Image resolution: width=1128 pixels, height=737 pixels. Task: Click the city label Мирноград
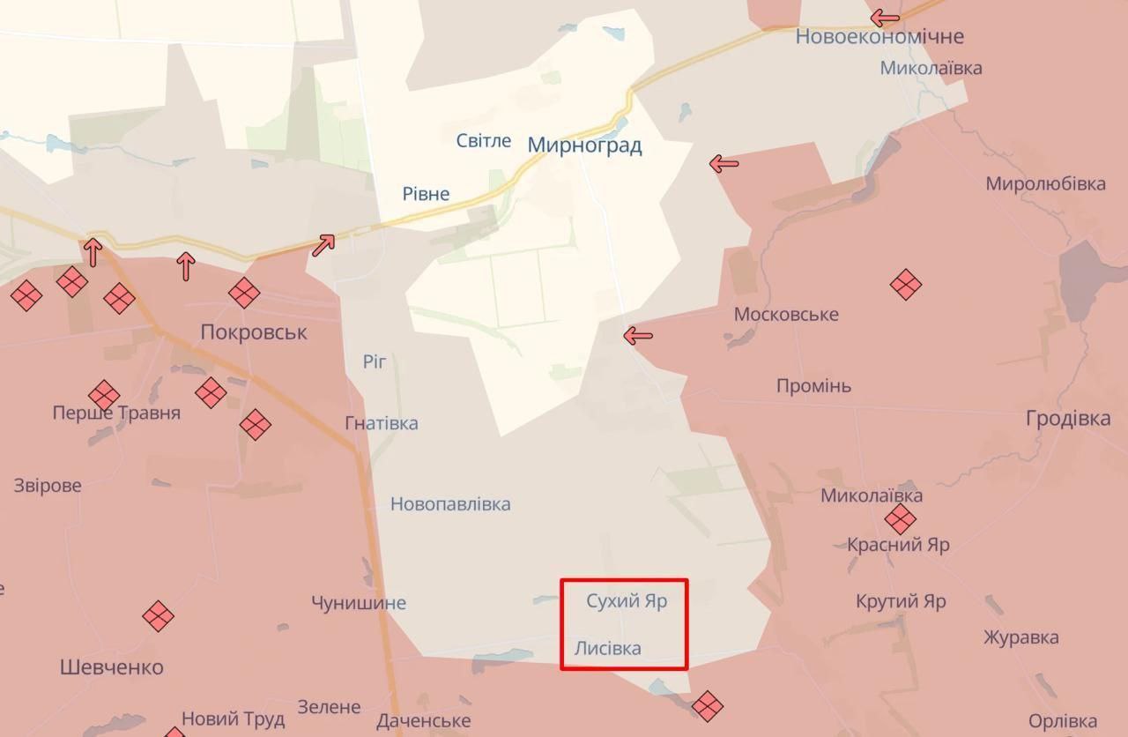point(584,145)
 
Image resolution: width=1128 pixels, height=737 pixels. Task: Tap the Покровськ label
point(254,332)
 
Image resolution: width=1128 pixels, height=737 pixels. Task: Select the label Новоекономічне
point(879,37)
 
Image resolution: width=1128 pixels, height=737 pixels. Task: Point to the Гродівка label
point(1068,419)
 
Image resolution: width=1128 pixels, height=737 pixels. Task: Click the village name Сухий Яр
point(627,601)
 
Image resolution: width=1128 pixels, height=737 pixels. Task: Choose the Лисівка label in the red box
point(608,649)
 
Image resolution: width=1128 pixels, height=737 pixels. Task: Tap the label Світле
point(484,141)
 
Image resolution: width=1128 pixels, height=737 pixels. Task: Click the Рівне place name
point(426,194)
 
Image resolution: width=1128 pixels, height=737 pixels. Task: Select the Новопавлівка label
point(450,504)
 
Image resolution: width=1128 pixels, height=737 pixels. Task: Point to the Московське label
point(786,315)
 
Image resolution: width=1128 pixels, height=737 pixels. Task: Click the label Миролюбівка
point(1045,184)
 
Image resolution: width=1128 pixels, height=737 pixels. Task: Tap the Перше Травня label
point(116,413)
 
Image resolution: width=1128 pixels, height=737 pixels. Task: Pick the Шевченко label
point(112,667)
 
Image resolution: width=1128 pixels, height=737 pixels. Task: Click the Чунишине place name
point(359,603)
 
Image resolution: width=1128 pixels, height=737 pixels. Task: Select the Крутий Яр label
point(901,602)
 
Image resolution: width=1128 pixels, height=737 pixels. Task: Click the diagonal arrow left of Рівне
point(323,245)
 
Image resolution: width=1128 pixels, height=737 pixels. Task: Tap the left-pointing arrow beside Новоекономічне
point(885,18)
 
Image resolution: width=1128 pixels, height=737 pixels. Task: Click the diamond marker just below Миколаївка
point(900,519)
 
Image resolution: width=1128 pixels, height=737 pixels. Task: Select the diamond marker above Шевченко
point(158,616)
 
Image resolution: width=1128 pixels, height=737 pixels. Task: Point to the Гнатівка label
point(382,423)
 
